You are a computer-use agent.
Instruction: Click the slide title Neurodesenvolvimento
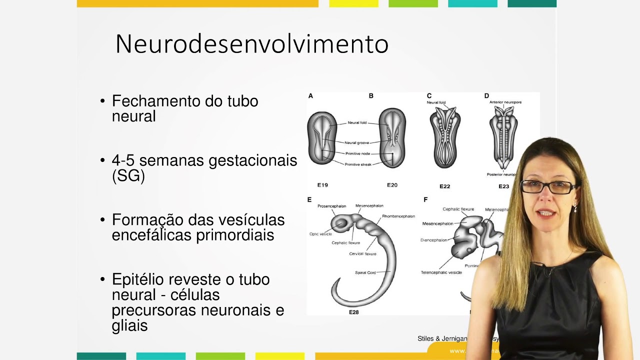click(x=251, y=44)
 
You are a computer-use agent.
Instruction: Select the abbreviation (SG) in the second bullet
click(x=128, y=176)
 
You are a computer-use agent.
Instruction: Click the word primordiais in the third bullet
click(x=235, y=235)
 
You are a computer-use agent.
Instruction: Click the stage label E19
click(x=322, y=185)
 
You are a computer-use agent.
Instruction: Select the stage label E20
click(x=392, y=185)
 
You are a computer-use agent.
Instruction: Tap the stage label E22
click(x=444, y=186)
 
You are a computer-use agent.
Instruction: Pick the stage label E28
click(x=353, y=312)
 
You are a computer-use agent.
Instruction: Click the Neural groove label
click(x=356, y=143)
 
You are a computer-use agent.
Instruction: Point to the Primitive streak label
click(x=358, y=164)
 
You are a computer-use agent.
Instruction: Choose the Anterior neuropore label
click(x=505, y=102)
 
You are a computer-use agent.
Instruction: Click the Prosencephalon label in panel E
click(x=331, y=206)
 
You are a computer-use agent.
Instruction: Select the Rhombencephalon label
click(x=398, y=216)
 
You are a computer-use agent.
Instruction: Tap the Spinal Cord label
click(x=365, y=272)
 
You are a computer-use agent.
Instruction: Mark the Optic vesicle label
click(x=320, y=234)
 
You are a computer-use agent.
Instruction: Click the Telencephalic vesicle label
click(x=441, y=272)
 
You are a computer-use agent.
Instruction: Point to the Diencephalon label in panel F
click(x=434, y=240)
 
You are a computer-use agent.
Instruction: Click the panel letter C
click(x=429, y=95)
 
